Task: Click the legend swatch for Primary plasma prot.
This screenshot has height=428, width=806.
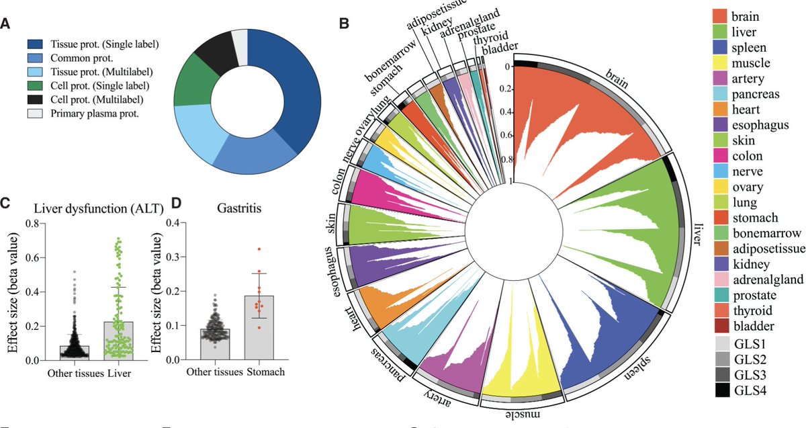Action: tap(36, 114)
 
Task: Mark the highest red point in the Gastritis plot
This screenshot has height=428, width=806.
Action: tap(259, 249)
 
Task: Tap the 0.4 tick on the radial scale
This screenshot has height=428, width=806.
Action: tap(505, 112)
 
